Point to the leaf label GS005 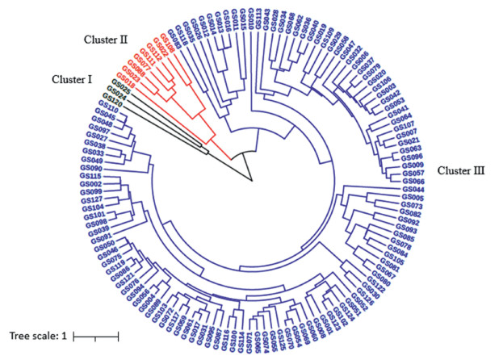413,198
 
